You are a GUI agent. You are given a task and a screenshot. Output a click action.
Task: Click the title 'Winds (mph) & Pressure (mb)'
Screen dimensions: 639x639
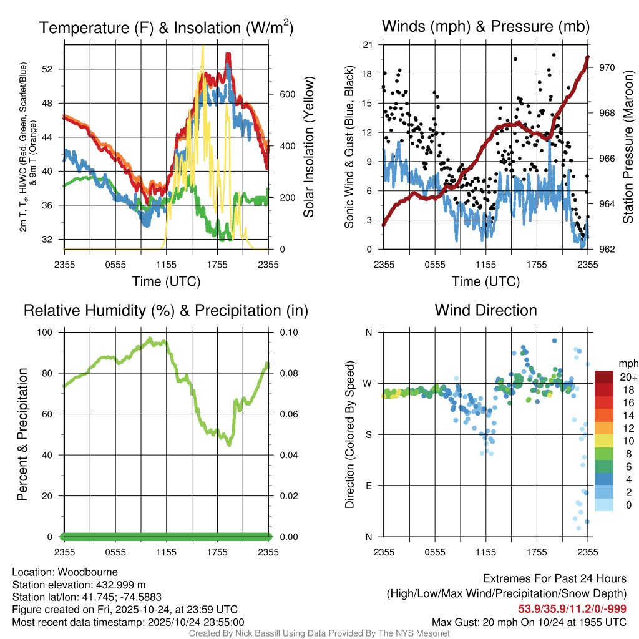tap(485, 27)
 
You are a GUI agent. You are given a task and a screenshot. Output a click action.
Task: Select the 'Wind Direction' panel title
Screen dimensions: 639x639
tap(485, 310)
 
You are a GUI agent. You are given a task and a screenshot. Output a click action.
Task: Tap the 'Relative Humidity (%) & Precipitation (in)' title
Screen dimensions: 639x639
tap(166, 310)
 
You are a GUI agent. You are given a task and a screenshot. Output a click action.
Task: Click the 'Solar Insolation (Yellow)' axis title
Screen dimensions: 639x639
tap(309, 147)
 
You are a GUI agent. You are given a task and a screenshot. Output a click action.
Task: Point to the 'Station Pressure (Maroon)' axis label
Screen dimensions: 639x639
tap(628, 147)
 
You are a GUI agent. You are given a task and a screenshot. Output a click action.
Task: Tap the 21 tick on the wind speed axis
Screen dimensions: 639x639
tap(367, 45)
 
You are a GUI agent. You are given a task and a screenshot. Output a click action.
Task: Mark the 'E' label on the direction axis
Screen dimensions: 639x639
tap(368, 485)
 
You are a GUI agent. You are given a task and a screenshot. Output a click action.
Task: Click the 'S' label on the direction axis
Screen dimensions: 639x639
tap(368, 434)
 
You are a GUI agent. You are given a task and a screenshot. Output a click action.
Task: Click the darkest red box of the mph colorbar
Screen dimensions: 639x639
tap(603, 378)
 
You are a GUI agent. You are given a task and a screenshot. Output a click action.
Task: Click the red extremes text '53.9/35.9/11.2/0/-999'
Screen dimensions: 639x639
tap(572, 608)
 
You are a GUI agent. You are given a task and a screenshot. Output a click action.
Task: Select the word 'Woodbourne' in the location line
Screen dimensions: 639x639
tap(91, 572)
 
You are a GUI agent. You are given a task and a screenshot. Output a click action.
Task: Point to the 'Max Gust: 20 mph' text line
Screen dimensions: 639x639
tap(529, 622)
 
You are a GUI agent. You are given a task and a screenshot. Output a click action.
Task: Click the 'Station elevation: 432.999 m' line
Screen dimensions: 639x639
tap(79, 585)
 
